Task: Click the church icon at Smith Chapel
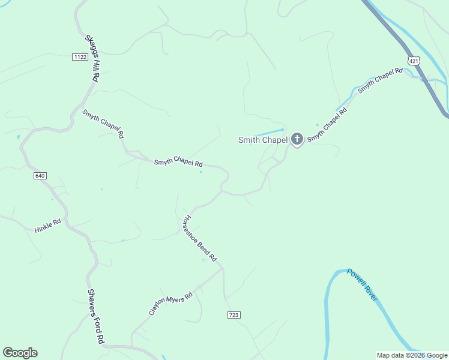297,140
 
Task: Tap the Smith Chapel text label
263,140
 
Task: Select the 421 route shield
412,61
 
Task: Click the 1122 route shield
80,57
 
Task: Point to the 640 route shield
40,176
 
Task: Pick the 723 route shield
234,315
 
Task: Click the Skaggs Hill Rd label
92,58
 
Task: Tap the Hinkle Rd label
48,226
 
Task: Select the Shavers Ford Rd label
96,316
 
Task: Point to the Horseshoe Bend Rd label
200,238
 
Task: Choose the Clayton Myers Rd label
171,304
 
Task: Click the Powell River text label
362,285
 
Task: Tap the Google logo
20,353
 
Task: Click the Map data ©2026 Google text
412,355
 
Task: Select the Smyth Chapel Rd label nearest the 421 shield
379,81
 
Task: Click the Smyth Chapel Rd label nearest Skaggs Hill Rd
103,124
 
